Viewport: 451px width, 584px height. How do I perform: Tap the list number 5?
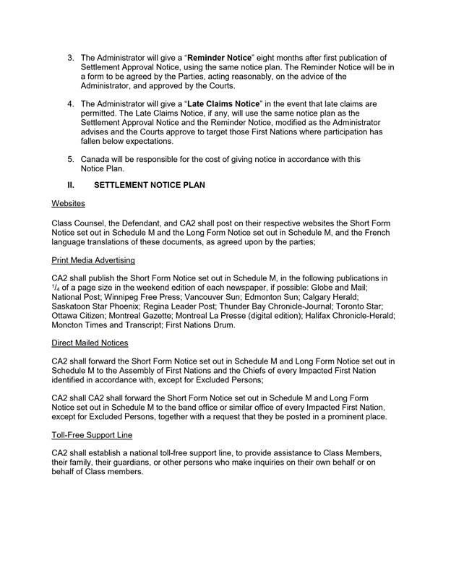pyautogui.click(x=71, y=159)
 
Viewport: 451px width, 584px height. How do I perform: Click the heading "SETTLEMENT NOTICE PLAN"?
pyautogui.click(x=150, y=186)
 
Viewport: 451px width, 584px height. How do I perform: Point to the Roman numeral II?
pyautogui.click(x=72, y=186)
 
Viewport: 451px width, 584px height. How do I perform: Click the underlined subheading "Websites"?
pyautogui.click(x=69, y=205)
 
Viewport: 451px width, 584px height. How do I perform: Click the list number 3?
pyautogui.click(x=71, y=58)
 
